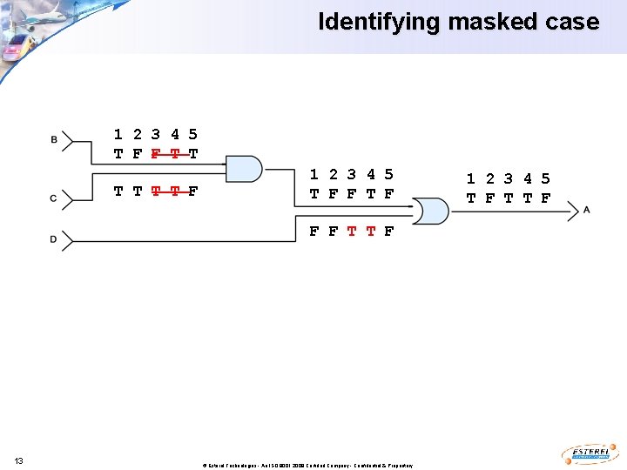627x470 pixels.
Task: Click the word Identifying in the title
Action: [x=380, y=22]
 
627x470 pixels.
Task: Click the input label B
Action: [x=54, y=139]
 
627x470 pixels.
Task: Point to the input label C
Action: [x=54, y=199]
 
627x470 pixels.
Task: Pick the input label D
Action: [x=54, y=239]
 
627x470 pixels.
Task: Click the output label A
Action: [x=587, y=210]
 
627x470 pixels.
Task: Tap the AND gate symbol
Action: [x=245, y=169]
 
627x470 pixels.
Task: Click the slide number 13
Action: [x=18, y=460]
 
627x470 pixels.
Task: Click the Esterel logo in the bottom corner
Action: [x=591, y=453]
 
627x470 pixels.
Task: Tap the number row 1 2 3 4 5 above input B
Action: [x=156, y=134]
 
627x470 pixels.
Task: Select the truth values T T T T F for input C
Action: [x=156, y=191]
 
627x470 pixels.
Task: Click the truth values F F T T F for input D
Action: [x=352, y=232]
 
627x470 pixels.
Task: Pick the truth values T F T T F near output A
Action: [x=509, y=198]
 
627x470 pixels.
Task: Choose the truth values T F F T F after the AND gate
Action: [x=352, y=194]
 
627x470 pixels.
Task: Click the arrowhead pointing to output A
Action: [x=573, y=210]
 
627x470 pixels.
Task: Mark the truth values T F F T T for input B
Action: [x=156, y=154]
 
